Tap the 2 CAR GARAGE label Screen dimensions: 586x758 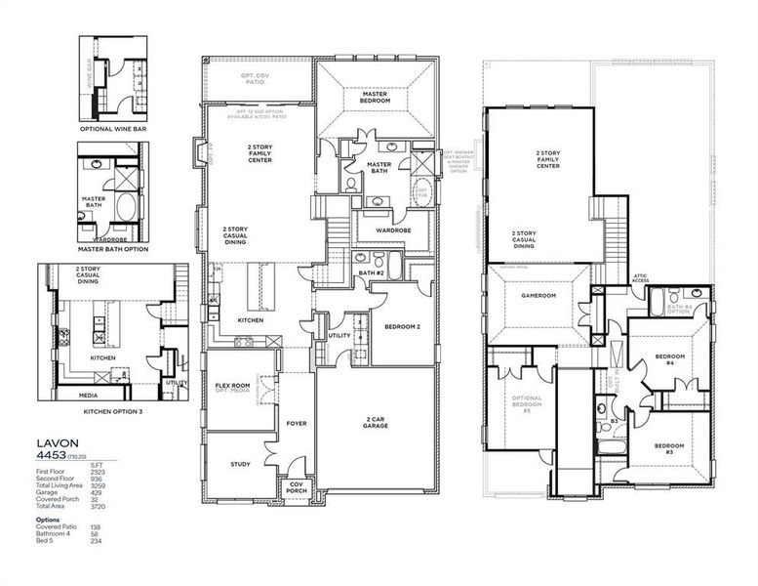click(x=376, y=421)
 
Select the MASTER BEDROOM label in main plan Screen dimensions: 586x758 click(x=376, y=98)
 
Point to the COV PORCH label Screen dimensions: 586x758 click(x=296, y=487)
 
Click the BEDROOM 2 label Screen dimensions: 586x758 click(x=402, y=326)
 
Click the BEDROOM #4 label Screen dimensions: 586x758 click(x=668, y=358)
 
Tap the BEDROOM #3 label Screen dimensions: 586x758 click(x=668, y=448)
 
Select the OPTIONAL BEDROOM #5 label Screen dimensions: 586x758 click(x=527, y=402)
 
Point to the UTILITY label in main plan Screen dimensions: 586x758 click(x=339, y=335)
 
